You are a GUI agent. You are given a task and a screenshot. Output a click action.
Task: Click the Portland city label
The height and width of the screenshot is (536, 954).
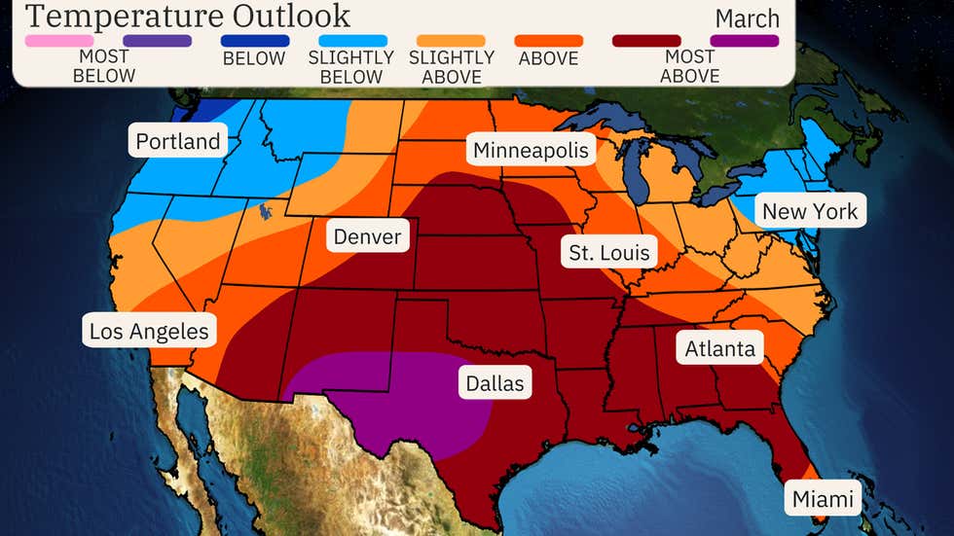(177, 141)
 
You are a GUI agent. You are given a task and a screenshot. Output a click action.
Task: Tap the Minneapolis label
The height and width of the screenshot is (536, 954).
(532, 150)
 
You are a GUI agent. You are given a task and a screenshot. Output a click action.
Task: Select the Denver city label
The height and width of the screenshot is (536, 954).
(367, 235)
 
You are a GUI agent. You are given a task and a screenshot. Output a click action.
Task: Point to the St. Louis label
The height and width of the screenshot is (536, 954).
(609, 253)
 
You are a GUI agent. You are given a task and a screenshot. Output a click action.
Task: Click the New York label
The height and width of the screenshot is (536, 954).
(810, 211)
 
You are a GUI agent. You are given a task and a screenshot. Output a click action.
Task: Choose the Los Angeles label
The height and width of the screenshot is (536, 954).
(149, 331)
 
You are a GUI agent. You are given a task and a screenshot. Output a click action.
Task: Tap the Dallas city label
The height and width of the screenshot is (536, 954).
(495, 382)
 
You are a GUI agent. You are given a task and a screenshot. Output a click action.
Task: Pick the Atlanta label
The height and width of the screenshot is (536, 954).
(720, 347)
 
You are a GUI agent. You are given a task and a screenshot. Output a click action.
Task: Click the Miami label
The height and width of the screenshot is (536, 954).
(824, 499)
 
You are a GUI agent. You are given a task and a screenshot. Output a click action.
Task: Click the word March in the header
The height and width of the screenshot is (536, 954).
(747, 18)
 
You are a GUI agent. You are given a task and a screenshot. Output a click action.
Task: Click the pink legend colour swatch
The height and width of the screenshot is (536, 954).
(59, 41)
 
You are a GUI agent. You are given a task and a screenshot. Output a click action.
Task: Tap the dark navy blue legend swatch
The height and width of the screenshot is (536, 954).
(254, 41)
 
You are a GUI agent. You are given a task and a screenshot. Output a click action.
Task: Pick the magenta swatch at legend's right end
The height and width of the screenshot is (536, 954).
(745, 41)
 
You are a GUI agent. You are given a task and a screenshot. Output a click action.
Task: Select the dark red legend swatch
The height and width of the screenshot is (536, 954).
(646, 41)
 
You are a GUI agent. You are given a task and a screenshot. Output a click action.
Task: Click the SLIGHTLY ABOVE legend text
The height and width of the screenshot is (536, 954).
(452, 67)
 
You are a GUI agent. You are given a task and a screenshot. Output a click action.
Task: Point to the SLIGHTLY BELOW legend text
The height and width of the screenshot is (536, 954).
(350, 67)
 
